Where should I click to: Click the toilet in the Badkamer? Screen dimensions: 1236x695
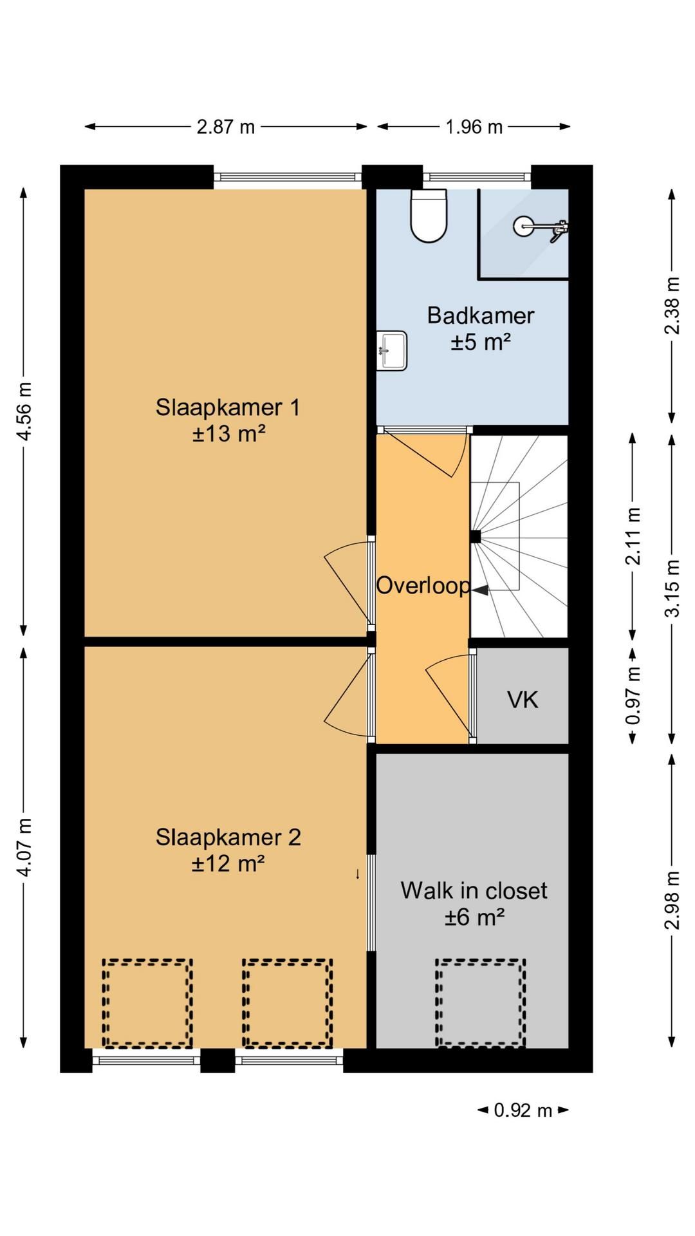point(429,216)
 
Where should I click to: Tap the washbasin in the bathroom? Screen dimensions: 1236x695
point(391,351)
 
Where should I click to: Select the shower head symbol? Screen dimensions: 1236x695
point(523,225)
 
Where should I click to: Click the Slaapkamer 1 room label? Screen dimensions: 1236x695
point(228,407)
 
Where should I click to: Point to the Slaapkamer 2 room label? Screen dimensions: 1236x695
point(228,838)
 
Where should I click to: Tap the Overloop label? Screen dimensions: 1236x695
point(423,585)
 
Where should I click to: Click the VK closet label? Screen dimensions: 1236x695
point(523,700)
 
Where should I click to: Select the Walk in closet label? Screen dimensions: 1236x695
point(474,890)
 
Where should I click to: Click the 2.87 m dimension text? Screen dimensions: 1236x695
point(226,127)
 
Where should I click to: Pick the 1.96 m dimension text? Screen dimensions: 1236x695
point(474,127)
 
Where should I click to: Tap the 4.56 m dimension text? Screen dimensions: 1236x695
point(24,411)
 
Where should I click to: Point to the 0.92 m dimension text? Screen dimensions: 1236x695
point(523,1110)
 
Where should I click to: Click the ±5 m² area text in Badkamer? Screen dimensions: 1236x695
point(481,342)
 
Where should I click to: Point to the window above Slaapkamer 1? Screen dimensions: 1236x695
point(287,176)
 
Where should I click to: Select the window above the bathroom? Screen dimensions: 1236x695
point(477,176)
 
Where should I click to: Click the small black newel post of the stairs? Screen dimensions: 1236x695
point(476,536)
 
